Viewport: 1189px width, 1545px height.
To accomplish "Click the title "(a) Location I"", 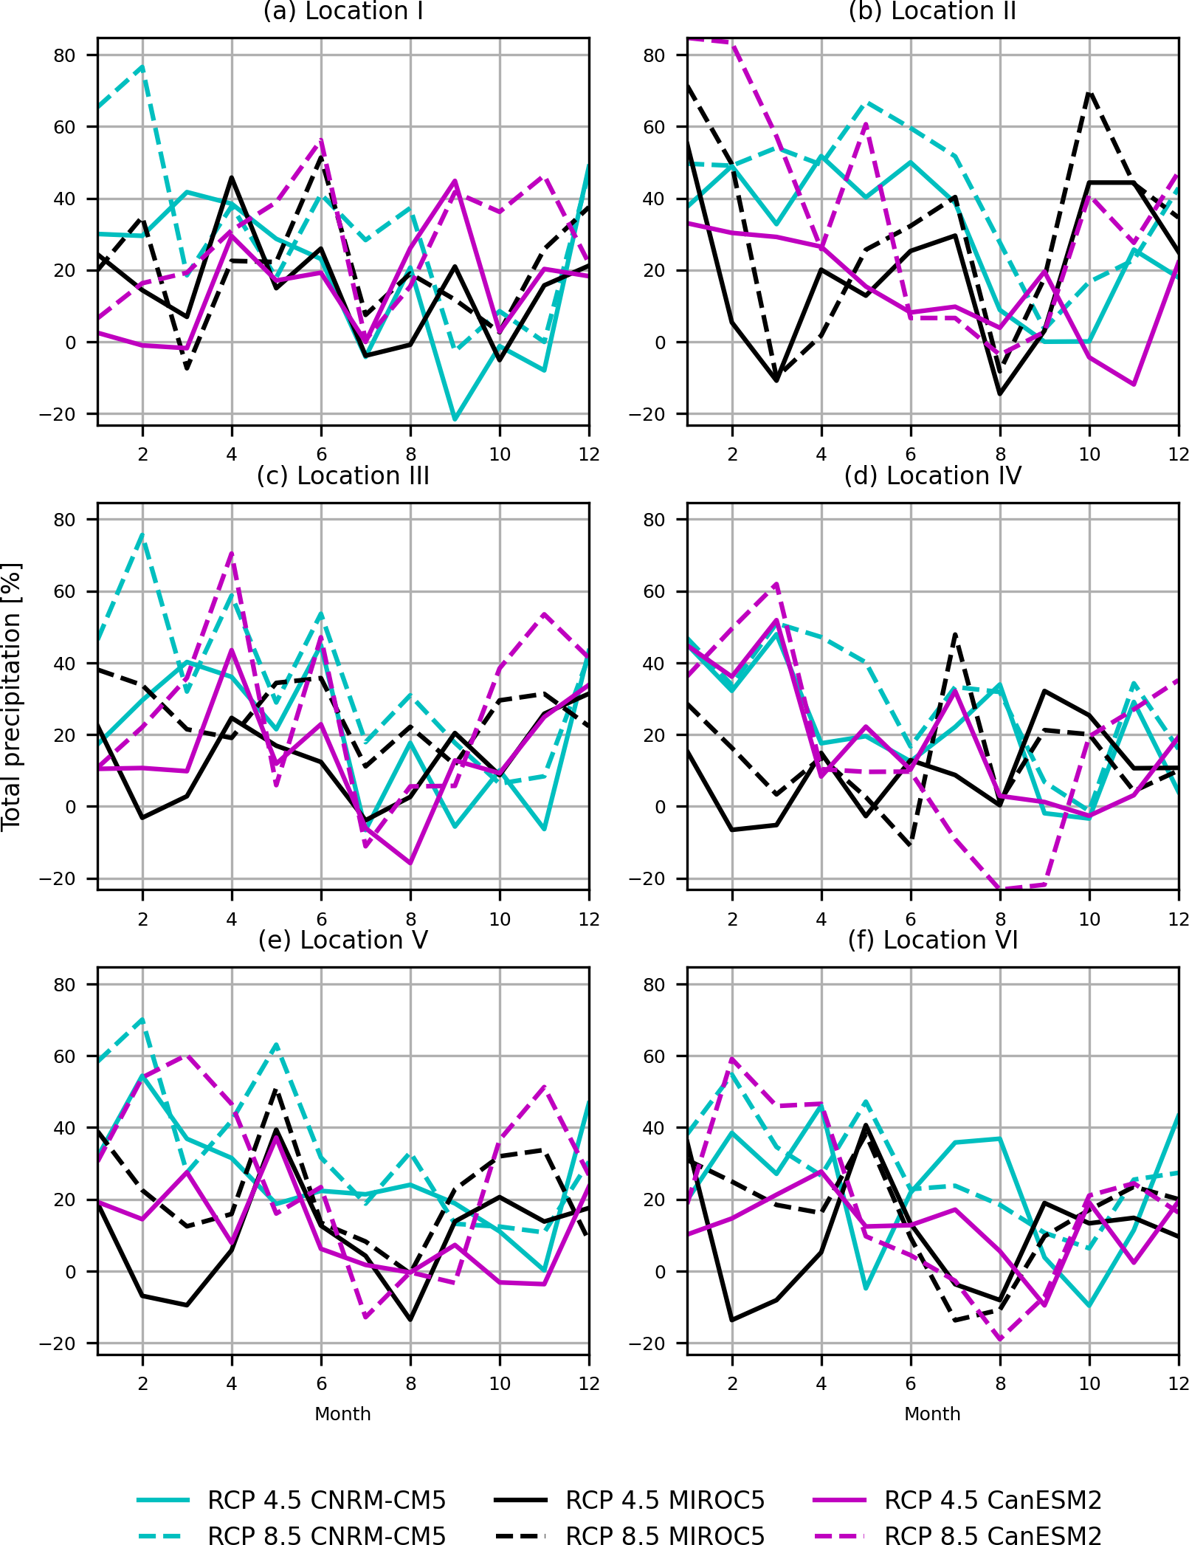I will (x=343, y=12).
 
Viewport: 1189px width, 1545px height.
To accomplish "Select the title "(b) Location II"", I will (x=932, y=12).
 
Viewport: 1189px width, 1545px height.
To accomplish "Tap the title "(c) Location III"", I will (x=343, y=476).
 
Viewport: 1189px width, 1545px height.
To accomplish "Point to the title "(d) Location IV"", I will (x=932, y=476).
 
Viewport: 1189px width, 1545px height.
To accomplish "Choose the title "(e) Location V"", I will (x=343, y=940).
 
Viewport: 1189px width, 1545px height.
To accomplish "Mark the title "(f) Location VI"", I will (x=932, y=940).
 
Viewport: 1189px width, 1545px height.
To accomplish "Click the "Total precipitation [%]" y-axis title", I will (x=12, y=697).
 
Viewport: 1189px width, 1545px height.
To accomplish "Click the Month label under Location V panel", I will (x=342, y=1414).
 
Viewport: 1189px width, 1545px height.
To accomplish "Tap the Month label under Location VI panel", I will (x=932, y=1414).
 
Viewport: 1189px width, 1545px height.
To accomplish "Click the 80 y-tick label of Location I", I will (x=64, y=55).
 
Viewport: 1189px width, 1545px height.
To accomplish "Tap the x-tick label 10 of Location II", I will (x=1089, y=455).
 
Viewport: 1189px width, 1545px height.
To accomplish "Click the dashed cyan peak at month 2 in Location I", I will (x=142, y=66).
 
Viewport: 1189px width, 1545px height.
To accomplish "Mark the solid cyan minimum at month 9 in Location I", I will (x=455, y=419).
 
